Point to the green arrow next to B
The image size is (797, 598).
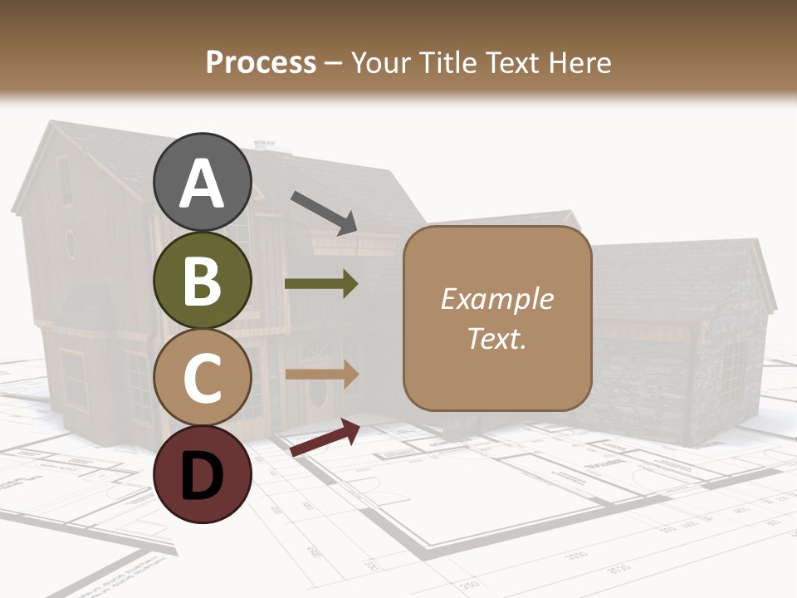[321, 283]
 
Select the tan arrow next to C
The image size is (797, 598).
[321, 375]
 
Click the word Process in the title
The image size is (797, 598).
[261, 62]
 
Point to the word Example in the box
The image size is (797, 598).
[496, 298]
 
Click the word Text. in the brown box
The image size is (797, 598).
[496, 338]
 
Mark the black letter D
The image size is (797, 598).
[203, 476]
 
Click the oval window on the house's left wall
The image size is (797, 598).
[71, 244]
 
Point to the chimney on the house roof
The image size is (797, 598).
[264, 146]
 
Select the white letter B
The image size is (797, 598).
[203, 281]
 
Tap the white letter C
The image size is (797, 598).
[203, 378]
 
